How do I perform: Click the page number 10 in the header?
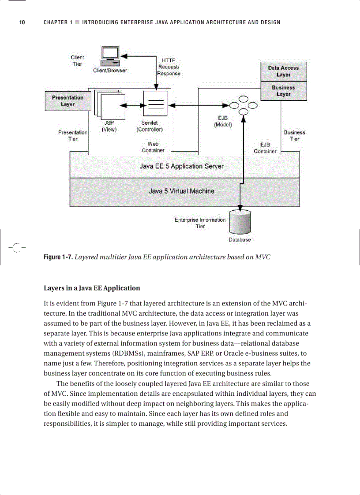[x=22, y=22]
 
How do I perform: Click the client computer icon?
[x=110, y=56]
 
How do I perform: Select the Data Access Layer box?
[x=283, y=71]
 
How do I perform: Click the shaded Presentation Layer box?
[x=67, y=101]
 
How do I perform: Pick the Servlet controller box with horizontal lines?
[x=155, y=104]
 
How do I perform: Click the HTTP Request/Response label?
[x=169, y=67]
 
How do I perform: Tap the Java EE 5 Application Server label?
[x=181, y=166]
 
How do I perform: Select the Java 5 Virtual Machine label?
[x=181, y=191]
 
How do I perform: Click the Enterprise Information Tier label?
[x=200, y=223]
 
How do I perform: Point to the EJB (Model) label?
[x=223, y=121]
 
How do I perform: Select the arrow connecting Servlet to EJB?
[x=199, y=105]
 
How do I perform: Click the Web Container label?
[x=153, y=147]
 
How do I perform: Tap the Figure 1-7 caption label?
[x=58, y=257]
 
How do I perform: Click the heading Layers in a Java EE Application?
[x=92, y=288]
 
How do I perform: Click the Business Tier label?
[x=294, y=135]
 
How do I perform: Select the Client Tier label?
[x=77, y=60]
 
